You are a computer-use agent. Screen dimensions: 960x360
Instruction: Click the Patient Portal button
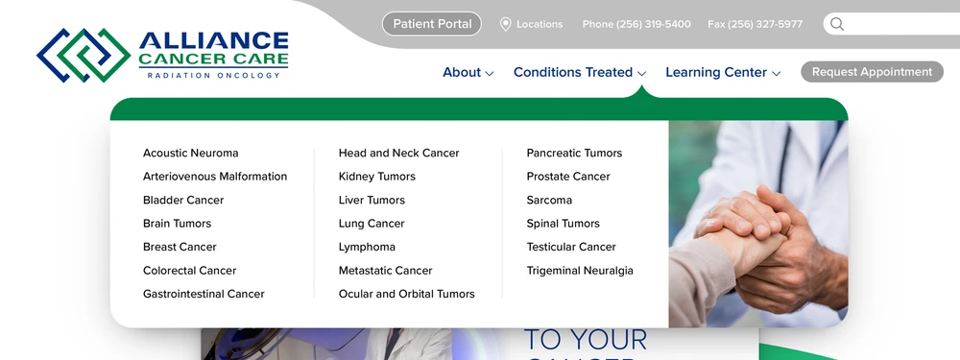tap(432, 24)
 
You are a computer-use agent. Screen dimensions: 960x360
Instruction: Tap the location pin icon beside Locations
tap(505, 25)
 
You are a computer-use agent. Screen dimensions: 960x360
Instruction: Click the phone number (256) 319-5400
tap(653, 25)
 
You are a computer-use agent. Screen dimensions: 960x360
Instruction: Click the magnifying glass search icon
tap(837, 24)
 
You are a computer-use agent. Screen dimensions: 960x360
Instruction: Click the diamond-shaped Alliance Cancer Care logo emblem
tap(84, 55)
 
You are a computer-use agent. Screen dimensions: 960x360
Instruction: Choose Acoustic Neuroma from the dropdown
tap(190, 153)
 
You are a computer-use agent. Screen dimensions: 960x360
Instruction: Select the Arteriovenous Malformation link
tap(215, 177)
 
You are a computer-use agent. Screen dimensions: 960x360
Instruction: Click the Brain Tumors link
tap(177, 224)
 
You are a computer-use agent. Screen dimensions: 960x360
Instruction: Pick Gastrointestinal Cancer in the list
tap(204, 294)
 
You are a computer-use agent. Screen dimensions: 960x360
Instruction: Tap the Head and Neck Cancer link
tap(398, 153)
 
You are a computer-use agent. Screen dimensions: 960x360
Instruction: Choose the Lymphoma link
tap(367, 248)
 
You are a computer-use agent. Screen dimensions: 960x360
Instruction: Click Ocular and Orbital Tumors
tap(406, 294)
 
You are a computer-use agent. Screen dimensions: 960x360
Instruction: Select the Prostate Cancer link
tap(568, 177)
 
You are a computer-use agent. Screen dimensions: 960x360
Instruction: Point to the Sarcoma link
tap(549, 201)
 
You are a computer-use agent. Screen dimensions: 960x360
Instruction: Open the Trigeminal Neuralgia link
tap(580, 271)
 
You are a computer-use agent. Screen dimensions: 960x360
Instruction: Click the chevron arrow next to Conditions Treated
tap(641, 74)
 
